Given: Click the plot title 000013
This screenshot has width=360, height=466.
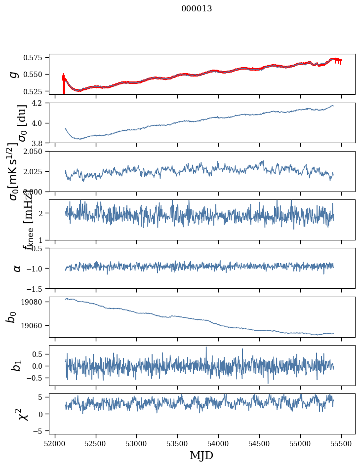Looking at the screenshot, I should tap(197, 8).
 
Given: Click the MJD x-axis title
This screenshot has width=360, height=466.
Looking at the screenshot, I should tap(202, 455).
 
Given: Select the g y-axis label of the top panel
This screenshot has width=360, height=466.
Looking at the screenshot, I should tap(14, 74).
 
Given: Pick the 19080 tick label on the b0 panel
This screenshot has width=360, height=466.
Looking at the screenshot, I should tap(36, 302).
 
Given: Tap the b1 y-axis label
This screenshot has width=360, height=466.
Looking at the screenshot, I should tap(17, 366).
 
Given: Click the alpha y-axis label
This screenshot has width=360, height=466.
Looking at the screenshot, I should tap(17, 268).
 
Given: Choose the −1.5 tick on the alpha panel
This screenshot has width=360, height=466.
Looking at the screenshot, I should tap(37, 288).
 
